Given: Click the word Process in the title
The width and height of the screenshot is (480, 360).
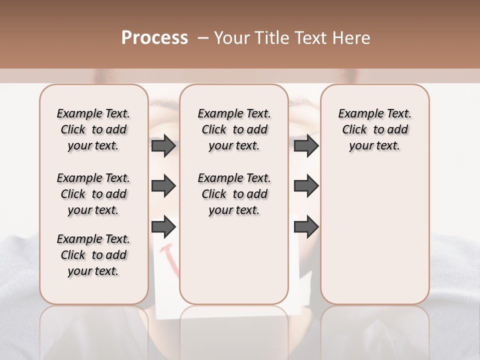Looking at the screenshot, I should pos(154,38).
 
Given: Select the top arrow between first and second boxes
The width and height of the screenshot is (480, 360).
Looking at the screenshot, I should pos(163,146).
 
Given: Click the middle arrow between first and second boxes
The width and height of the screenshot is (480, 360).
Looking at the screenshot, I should pos(163,186).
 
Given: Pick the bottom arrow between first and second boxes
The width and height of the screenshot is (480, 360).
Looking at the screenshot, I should pos(163,226).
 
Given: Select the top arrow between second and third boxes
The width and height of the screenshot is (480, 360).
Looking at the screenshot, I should pos(306,146).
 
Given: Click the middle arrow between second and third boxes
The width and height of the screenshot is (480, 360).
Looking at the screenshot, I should pos(306,186).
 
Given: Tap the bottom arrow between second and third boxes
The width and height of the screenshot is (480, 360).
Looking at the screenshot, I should pos(306,226).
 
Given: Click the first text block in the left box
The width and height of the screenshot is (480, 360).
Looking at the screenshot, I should pos(93,129).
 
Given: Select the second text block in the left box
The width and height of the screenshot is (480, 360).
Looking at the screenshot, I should pos(93,194).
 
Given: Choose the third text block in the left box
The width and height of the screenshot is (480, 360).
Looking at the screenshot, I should pos(93,255).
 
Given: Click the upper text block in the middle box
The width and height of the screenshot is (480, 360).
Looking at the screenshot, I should pos(234,129).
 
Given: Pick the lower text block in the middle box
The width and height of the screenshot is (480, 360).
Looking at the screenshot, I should pos(234,194).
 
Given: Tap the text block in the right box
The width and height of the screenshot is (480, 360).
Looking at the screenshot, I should pos(374,129).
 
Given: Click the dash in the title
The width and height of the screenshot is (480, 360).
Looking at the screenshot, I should pos(203,38).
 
